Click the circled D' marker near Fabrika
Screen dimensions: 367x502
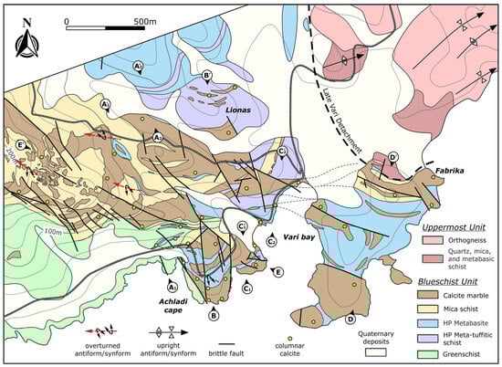point(392,157)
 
